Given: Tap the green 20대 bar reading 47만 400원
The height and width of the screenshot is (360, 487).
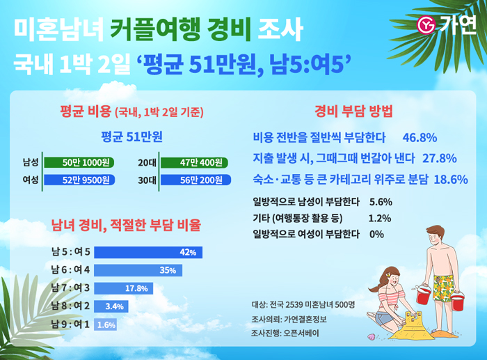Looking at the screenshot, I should (x=195, y=163).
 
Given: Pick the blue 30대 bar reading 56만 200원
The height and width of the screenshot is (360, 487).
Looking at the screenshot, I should (x=195, y=180).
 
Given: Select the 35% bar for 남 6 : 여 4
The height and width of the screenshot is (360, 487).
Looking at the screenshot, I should (x=138, y=270).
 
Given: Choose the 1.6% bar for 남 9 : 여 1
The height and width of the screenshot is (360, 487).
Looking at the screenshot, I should (x=106, y=324).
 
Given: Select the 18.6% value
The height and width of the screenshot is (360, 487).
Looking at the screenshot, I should (x=450, y=179).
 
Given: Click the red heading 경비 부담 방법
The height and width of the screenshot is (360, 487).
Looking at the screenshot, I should (x=354, y=111).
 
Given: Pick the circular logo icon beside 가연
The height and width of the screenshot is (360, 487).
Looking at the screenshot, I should (x=425, y=26).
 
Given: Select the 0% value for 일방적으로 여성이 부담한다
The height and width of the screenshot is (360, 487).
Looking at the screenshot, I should (x=377, y=234).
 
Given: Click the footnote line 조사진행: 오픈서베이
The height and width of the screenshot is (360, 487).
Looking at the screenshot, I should (x=285, y=334).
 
